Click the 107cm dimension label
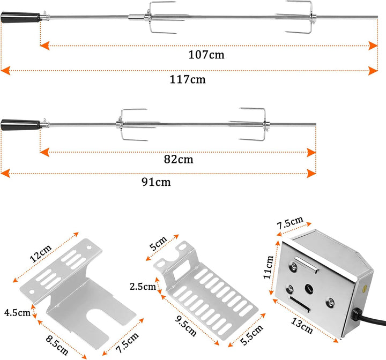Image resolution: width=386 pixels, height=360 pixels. [206, 55]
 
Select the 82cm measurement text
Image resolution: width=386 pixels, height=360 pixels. [179, 159]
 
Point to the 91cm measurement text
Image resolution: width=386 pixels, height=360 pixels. [156, 182]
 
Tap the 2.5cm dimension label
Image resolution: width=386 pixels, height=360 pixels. [143, 286]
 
